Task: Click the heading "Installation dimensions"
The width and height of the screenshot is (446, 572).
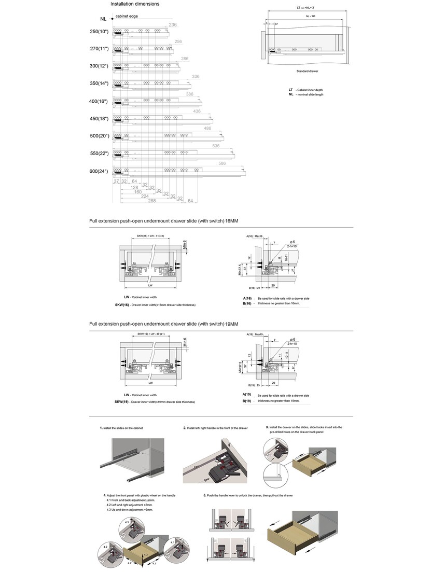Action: pos(135,4)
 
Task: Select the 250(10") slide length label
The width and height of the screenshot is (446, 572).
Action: pos(99,32)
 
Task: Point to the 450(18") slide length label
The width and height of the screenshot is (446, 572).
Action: pos(99,119)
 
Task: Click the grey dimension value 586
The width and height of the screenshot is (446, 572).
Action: pos(222,164)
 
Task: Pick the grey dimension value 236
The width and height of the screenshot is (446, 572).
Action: pos(173,25)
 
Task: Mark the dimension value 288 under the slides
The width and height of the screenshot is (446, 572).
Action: pos(152,201)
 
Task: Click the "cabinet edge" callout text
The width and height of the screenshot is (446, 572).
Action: pos(127,17)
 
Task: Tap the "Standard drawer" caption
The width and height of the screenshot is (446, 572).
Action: pos(307,71)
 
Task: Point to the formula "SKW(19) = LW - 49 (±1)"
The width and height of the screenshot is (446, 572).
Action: pos(150,334)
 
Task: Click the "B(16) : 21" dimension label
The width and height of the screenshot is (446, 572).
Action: pos(254,287)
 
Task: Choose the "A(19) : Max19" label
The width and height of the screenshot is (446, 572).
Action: pos(255,334)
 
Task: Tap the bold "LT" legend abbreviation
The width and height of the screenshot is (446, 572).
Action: pos(291,90)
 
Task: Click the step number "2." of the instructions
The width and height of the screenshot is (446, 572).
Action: pos(185,428)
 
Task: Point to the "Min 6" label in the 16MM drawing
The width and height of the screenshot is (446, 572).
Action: pos(184,244)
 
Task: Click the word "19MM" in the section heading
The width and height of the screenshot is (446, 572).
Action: pos(231,324)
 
